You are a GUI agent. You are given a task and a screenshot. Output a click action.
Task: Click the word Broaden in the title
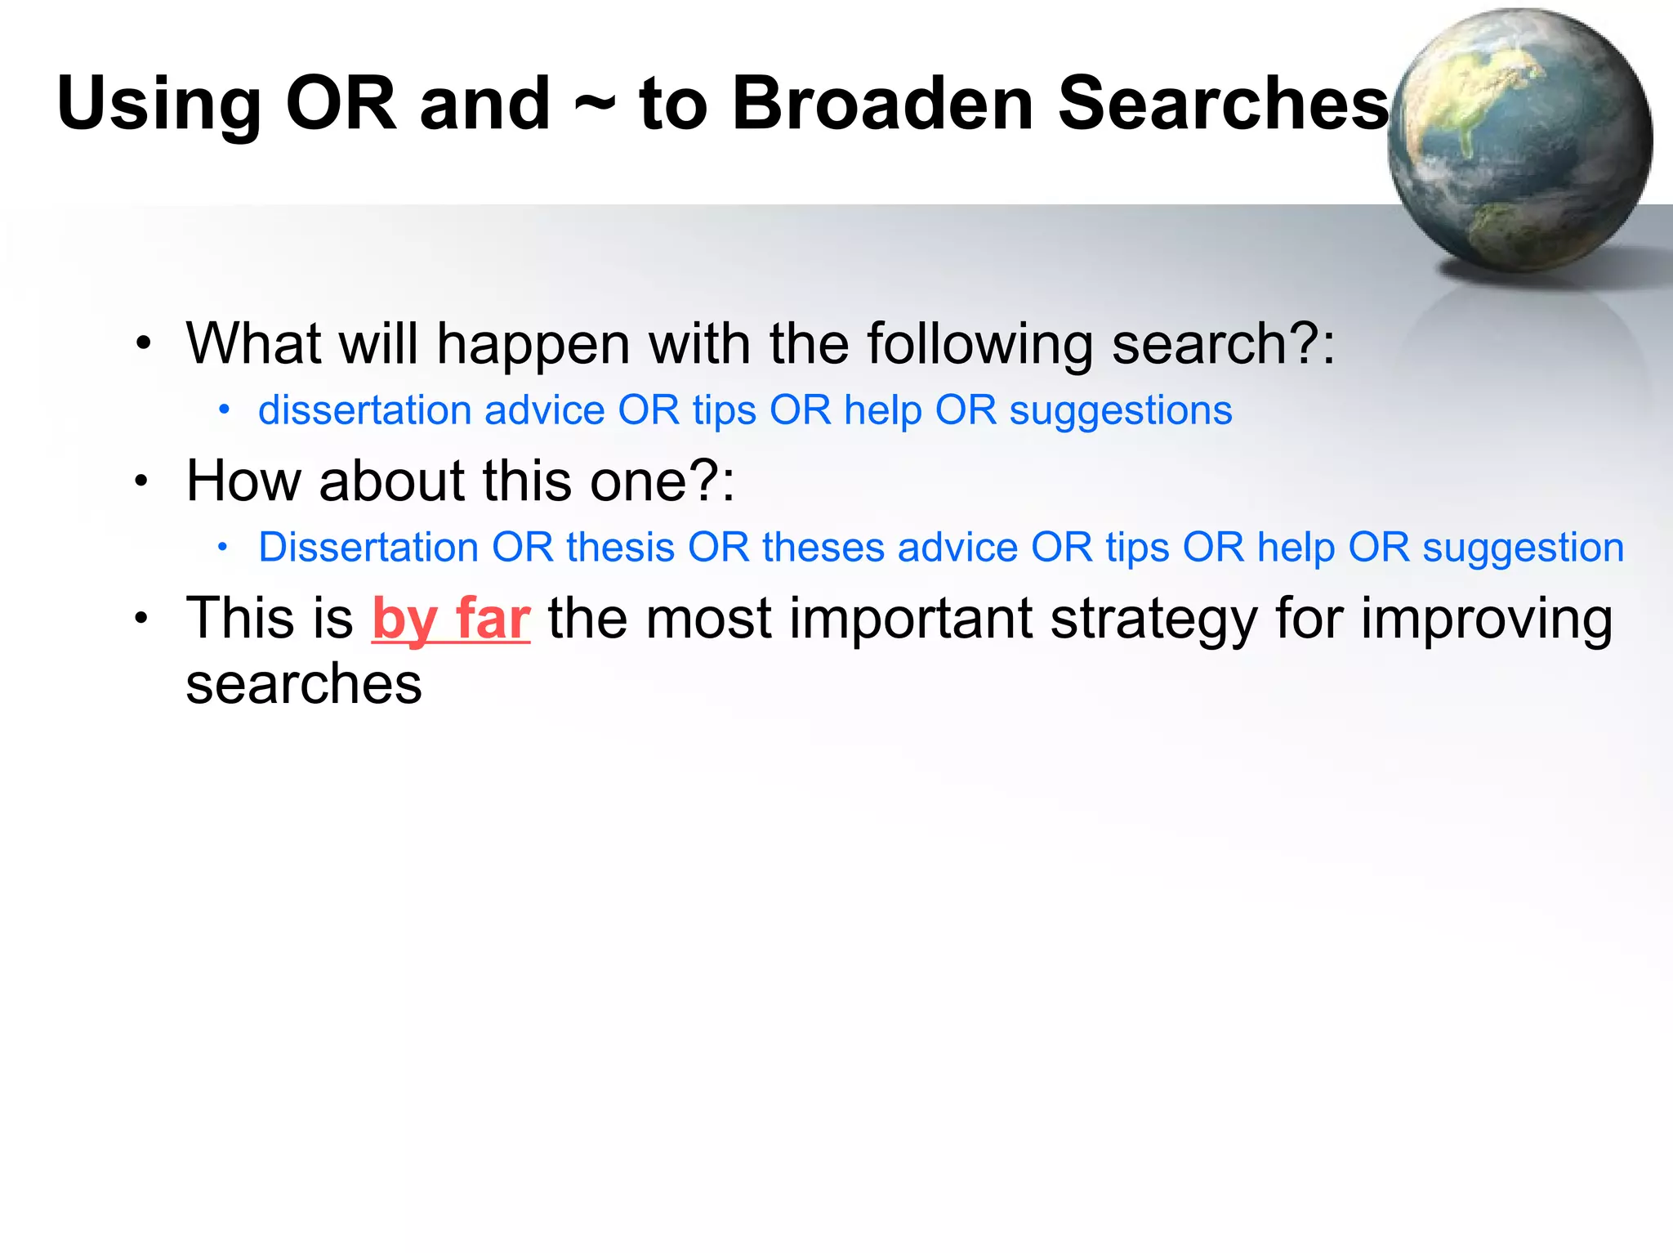pyautogui.click(x=883, y=104)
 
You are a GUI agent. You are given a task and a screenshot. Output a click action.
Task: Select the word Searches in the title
pyautogui.click(x=1223, y=104)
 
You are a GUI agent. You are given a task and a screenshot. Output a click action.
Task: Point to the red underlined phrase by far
pyautogui.click(x=451, y=619)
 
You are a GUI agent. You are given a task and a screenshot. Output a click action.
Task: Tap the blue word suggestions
pyautogui.click(x=1120, y=411)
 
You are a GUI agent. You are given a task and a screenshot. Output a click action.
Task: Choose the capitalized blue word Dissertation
pyautogui.click(x=368, y=547)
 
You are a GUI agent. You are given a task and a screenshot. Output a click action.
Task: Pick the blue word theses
pyautogui.click(x=823, y=547)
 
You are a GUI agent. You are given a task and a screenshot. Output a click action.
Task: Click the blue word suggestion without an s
pyautogui.click(x=1523, y=548)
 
